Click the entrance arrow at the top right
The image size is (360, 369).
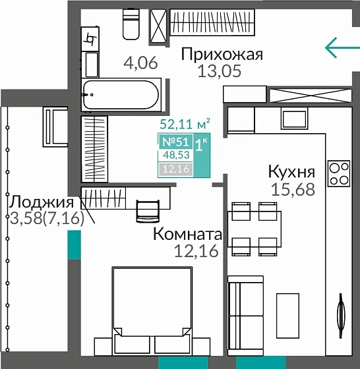tap(342, 47)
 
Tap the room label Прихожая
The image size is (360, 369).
tap(222, 55)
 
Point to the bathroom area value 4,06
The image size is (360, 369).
tap(140, 63)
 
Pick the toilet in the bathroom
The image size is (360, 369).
tap(131, 25)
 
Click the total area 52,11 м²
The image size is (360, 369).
tap(185, 123)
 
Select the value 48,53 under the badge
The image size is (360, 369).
tap(174, 155)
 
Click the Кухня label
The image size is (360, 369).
tap(291, 171)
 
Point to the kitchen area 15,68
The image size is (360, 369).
tap(293, 190)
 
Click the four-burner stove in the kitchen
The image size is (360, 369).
tap(339, 173)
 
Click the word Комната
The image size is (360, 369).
tap(187, 234)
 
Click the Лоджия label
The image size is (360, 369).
tap(41, 202)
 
